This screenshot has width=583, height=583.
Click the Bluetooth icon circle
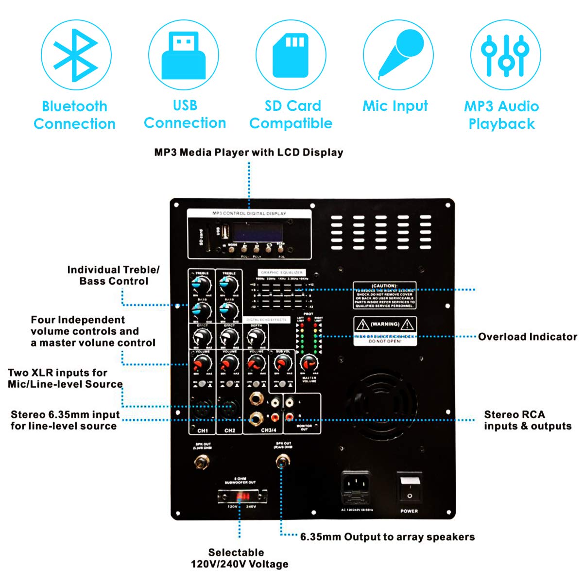(76, 54)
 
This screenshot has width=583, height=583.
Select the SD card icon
(291, 54)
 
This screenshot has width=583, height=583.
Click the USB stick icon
(184, 54)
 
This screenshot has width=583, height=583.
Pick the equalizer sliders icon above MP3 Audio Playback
(505, 54)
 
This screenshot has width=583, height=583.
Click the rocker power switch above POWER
(409, 489)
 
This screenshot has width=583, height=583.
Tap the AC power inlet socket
(356, 488)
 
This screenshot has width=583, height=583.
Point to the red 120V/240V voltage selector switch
(242, 497)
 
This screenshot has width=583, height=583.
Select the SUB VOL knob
(282, 362)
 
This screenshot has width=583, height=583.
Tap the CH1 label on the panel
(203, 430)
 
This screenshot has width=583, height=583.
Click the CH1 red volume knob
(202, 362)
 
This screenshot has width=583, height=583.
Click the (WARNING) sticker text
(385, 324)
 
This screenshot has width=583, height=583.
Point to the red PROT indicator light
(309, 319)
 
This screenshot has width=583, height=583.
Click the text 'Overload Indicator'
(527, 337)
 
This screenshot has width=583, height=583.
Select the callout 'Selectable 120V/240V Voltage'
(239, 558)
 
